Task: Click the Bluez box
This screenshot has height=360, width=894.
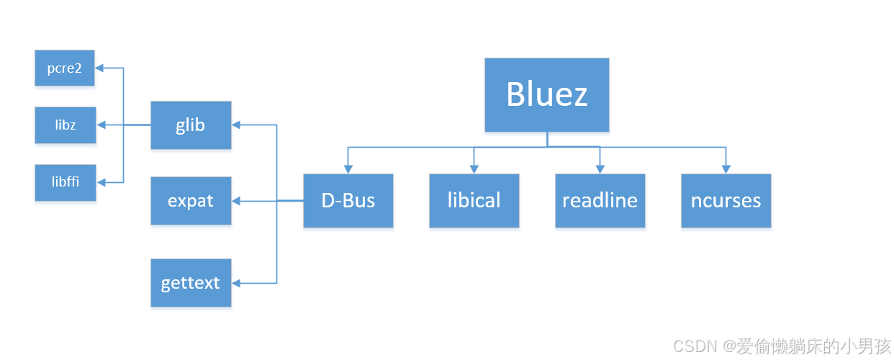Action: point(547,94)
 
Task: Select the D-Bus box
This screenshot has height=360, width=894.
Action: point(348,200)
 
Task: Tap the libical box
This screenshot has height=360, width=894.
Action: point(474,200)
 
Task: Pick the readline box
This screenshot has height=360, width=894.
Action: point(600,200)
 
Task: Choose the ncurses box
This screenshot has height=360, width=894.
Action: point(726,200)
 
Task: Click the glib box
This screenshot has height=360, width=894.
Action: point(191,125)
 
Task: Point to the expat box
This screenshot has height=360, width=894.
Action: point(191,201)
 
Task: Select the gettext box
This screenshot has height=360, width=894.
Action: point(191,282)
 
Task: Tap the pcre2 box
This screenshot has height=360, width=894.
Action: point(65,68)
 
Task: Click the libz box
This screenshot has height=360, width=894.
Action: point(65,125)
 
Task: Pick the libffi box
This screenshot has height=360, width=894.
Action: point(65,182)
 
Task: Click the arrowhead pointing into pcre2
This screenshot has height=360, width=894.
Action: point(100,68)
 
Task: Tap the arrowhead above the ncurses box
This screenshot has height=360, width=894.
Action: point(726,169)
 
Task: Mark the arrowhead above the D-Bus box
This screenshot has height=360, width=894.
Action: point(348,169)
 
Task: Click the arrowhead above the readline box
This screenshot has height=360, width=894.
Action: point(600,169)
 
